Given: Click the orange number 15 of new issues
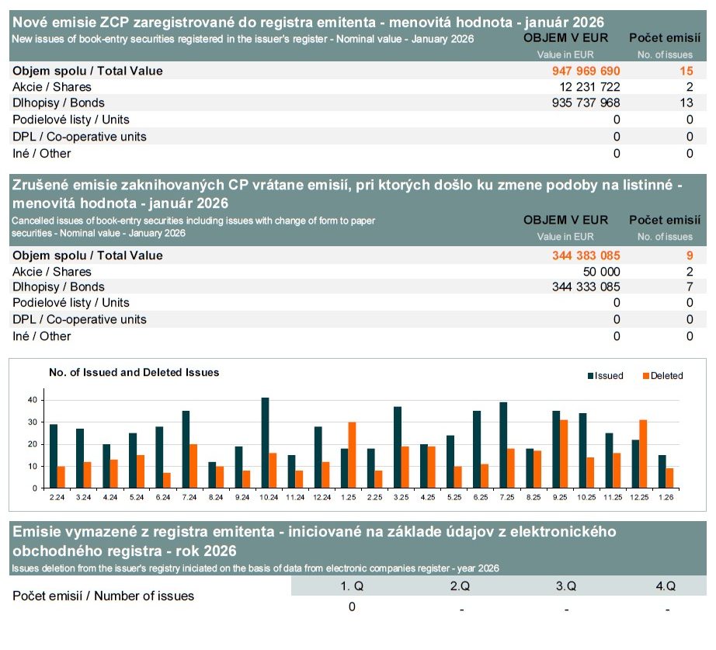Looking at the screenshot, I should [686, 71].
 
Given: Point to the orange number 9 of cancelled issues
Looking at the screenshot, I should [689, 255].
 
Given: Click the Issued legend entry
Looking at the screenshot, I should [605, 376].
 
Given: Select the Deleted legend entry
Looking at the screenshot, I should [662, 376].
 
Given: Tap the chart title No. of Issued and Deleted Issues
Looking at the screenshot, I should [134, 373].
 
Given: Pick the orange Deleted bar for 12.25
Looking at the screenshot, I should [643, 454].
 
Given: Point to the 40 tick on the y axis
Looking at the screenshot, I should [33, 400].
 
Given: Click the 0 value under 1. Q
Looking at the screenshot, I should [352, 607].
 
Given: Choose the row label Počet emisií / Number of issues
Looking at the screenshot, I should [103, 596].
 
